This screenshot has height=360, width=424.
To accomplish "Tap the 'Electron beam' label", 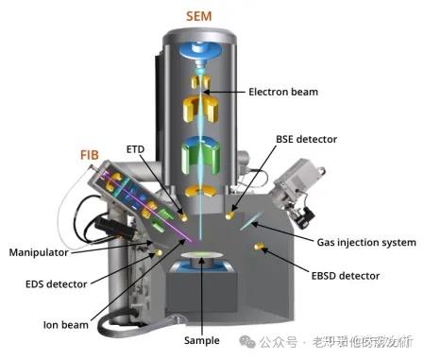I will (284, 93).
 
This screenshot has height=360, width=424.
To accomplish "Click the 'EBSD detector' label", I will (345, 276).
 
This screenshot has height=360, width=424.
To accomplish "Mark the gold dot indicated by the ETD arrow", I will (183, 216).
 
